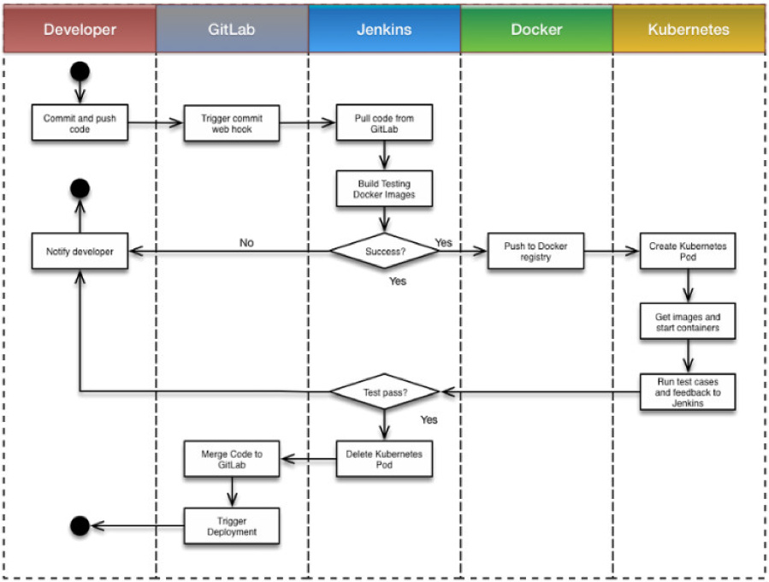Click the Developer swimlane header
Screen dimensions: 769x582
pyautogui.click(x=80, y=29)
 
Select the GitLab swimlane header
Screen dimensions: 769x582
pyautogui.click(x=232, y=29)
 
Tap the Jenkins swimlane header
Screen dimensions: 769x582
pyautogui.click(x=385, y=29)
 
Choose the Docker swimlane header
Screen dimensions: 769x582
pyautogui.click(x=536, y=29)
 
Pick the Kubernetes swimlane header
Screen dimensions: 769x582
pyautogui.click(x=689, y=29)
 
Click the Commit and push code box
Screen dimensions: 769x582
pyautogui.click(x=80, y=122)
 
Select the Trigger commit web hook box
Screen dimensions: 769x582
pyautogui.click(x=232, y=123)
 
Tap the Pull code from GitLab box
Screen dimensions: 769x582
pyautogui.click(x=385, y=122)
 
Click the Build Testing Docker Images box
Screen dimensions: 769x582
pyautogui.click(x=385, y=189)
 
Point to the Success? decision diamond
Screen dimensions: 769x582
pyautogui.click(x=385, y=252)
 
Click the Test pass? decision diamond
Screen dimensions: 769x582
pyautogui.click(x=385, y=392)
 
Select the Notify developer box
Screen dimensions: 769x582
pyautogui.click(x=80, y=252)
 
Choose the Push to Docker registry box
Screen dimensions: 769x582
pyautogui.click(x=536, y=252)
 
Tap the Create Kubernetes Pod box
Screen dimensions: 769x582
pyautogui.click(x=688, y=252)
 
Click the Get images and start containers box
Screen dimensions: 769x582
pyautogui.click(x=688, y=322)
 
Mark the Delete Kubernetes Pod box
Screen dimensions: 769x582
pyautogui.click(x=385, y=459)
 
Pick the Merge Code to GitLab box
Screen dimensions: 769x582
pyautogui.click(x=232, y=459)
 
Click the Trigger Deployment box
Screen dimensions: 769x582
pyautogui.click(x=232, y=526)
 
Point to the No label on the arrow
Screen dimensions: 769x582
pyautogui.click(x=246, y=243)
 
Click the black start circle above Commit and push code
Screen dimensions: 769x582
pyautogui.click(x=80, y=72)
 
